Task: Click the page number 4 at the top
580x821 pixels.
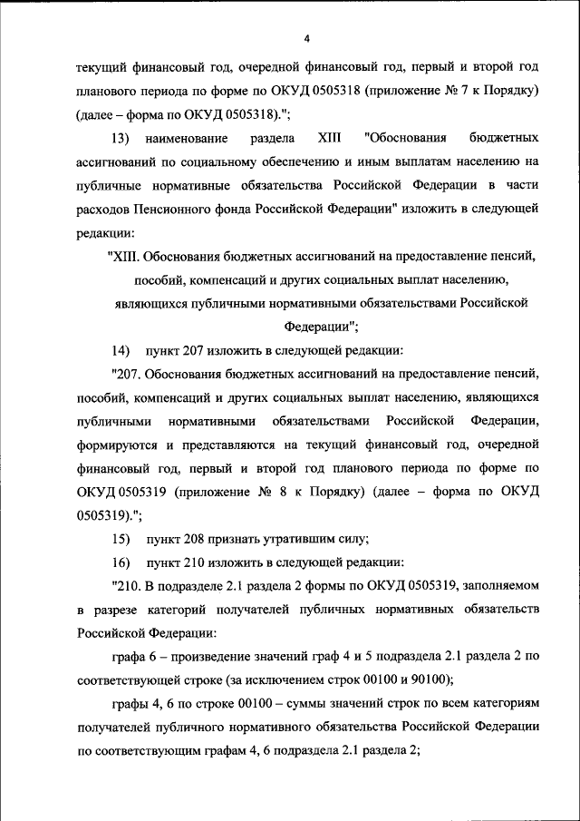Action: [307, 37]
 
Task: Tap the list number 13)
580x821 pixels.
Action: [121, 138]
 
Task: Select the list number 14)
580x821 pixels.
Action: [121, 350]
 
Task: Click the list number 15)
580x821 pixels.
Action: [121, 538]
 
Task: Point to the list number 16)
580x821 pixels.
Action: [121, 562]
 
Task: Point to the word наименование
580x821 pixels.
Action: [193, 138]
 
